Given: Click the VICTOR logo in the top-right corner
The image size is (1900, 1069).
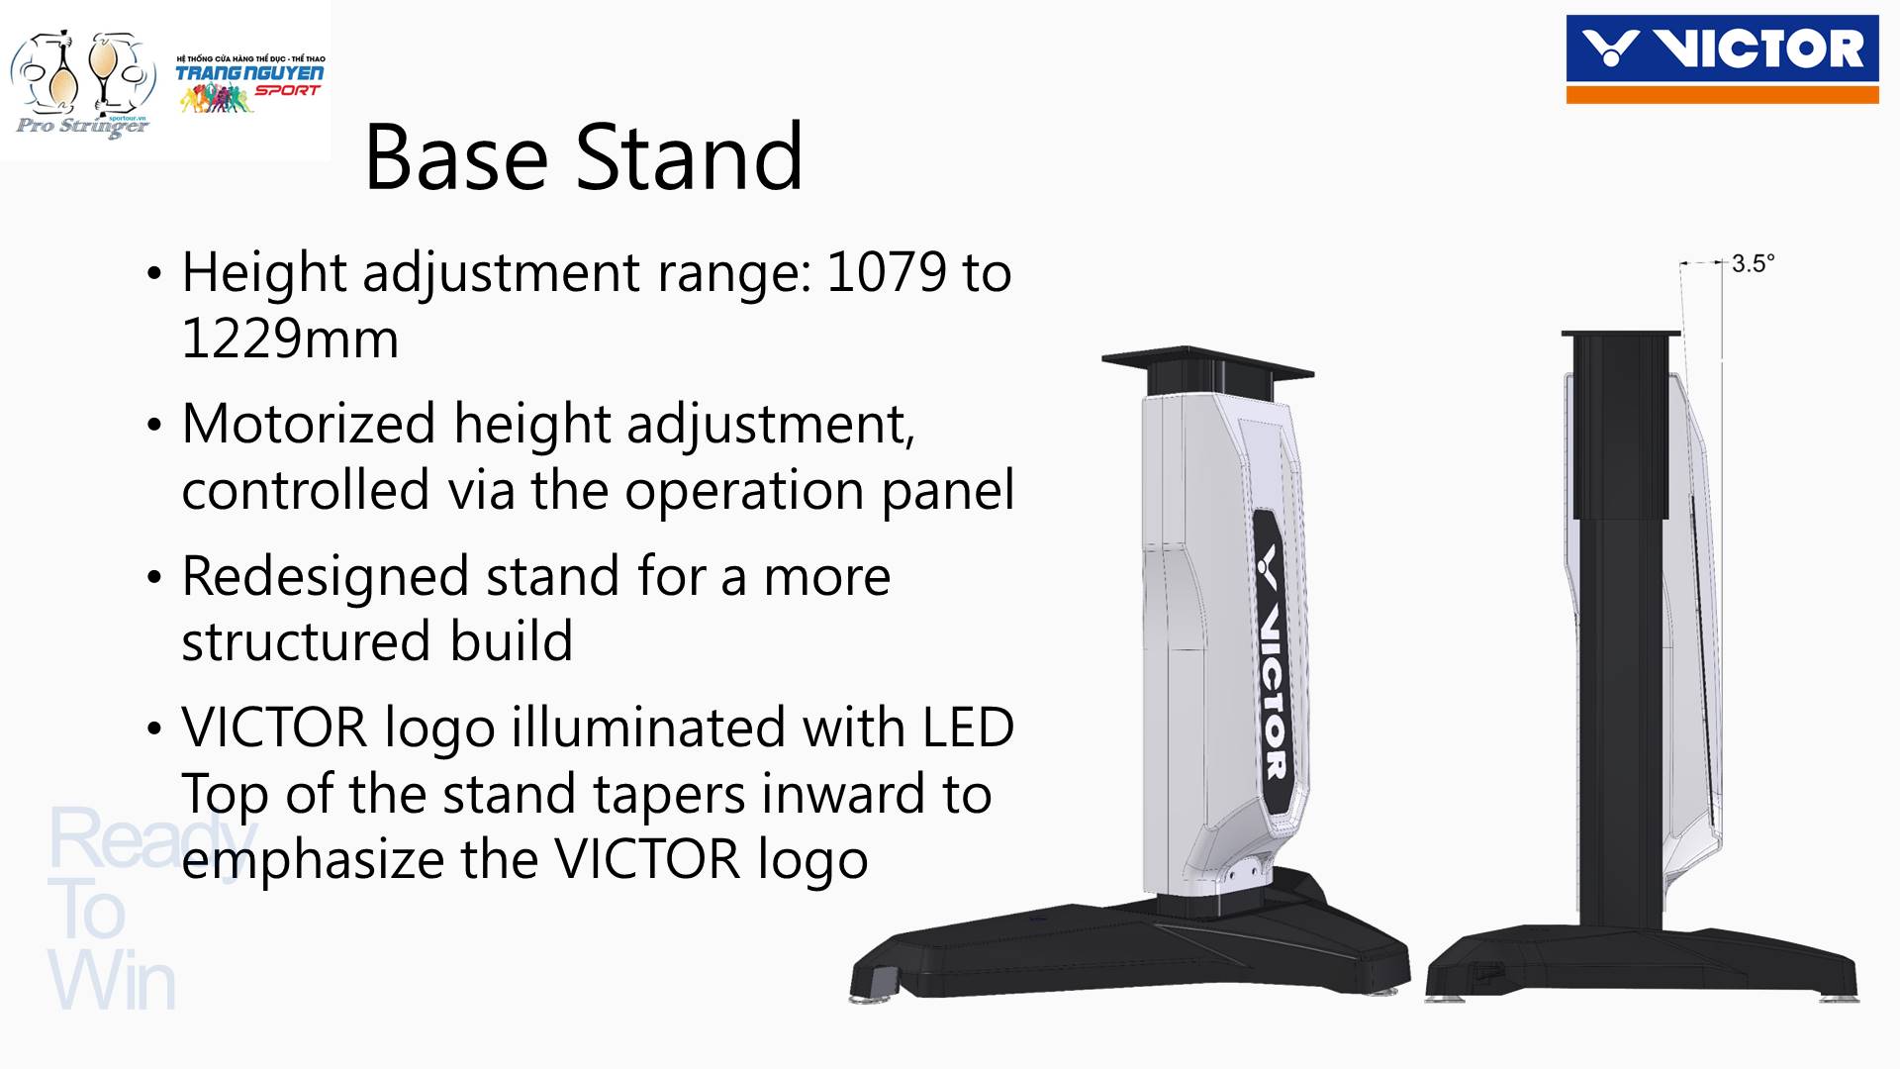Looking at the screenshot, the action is point(1722,58).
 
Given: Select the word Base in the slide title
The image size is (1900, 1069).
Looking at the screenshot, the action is point(456,157).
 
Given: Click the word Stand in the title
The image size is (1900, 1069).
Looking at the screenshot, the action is point(689,157).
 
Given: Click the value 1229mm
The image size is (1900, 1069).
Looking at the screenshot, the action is point(290,339).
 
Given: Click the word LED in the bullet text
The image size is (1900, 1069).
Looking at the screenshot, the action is point(968,728).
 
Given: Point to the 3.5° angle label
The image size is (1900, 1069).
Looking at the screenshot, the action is point(1753,263).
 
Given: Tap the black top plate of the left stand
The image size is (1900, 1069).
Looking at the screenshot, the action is point(1207,361).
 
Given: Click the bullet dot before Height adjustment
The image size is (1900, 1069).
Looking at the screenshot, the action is point(152,274).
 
